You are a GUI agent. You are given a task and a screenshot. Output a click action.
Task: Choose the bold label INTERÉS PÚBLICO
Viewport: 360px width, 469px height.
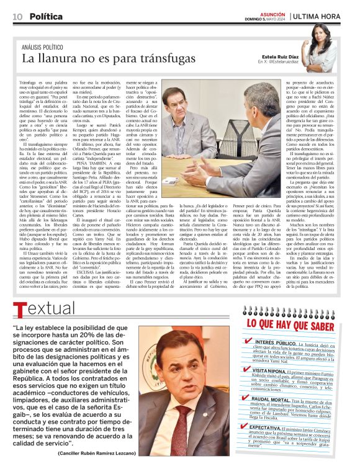(x=276, y=342)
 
